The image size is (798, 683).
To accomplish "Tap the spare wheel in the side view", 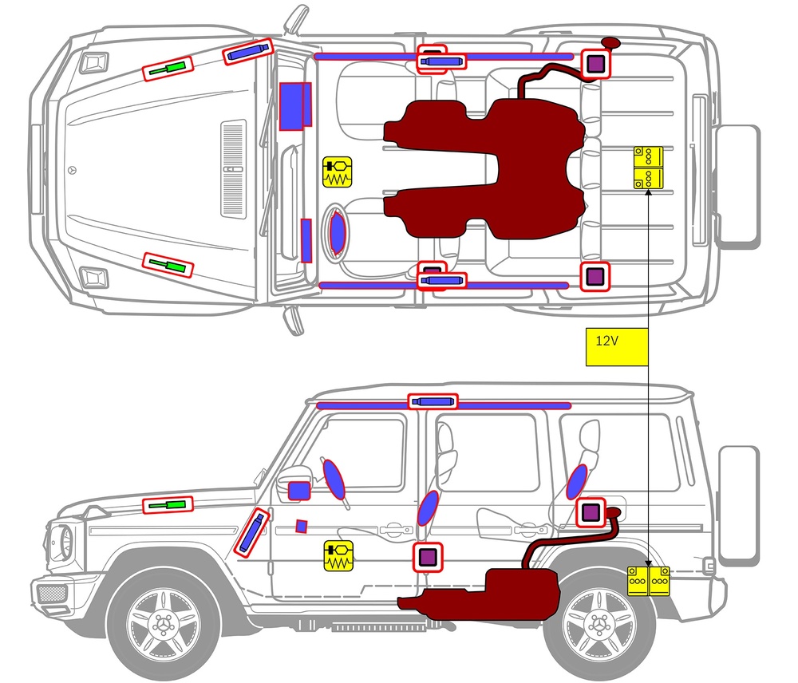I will (x=738, y=505).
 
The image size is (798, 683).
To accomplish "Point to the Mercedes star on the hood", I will (x=74, y=171).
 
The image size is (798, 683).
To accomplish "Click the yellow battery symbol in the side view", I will (x=650, y=582).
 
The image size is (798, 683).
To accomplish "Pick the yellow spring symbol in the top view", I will (x=338, y=172).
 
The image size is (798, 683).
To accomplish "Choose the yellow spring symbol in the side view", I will (x=338, y=555).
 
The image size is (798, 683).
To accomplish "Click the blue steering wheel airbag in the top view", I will (x=338, y=233).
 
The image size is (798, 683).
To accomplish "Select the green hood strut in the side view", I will (x=168, y=504).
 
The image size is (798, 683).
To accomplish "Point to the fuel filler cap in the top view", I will (x=610, y=41).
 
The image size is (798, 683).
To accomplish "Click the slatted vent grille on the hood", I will (x=233, y=168).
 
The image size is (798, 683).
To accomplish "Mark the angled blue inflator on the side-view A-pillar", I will (x=252, y=531).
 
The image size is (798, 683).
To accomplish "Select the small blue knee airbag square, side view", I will (x=301, y=526).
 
